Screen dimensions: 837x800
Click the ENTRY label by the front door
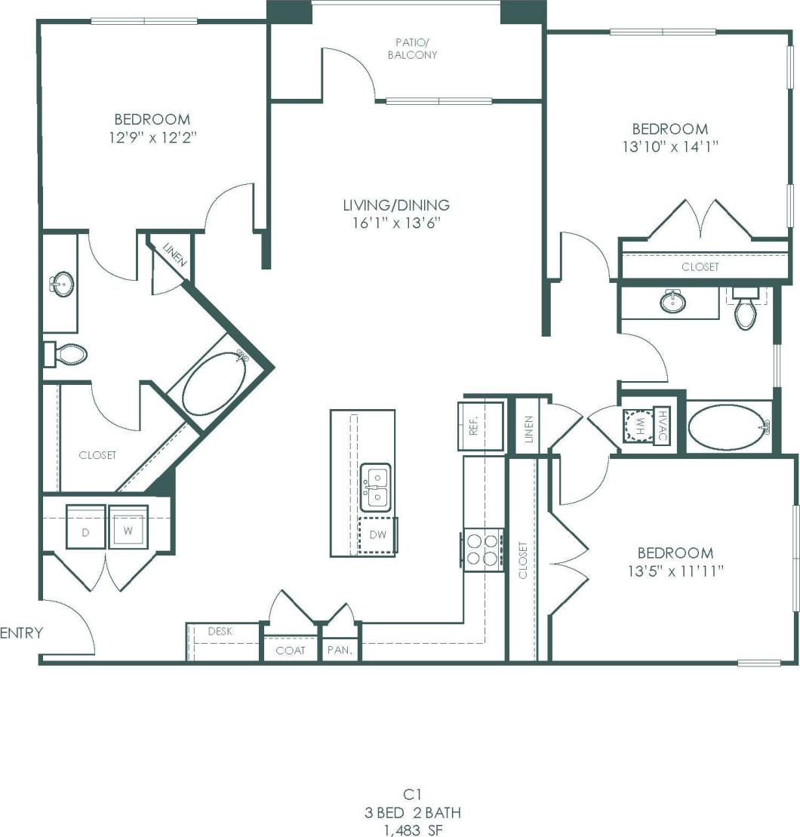21,632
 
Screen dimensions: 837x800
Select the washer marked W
128,526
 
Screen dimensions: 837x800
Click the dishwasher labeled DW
377,536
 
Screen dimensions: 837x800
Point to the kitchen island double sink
376,487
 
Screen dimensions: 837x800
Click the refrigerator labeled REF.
480,426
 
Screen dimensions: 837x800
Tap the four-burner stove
483,549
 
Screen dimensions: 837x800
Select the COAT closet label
290,650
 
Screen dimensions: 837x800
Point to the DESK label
220,631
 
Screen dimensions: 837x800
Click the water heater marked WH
638,426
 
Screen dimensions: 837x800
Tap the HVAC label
662,426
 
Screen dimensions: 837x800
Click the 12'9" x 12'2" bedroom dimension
152,137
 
